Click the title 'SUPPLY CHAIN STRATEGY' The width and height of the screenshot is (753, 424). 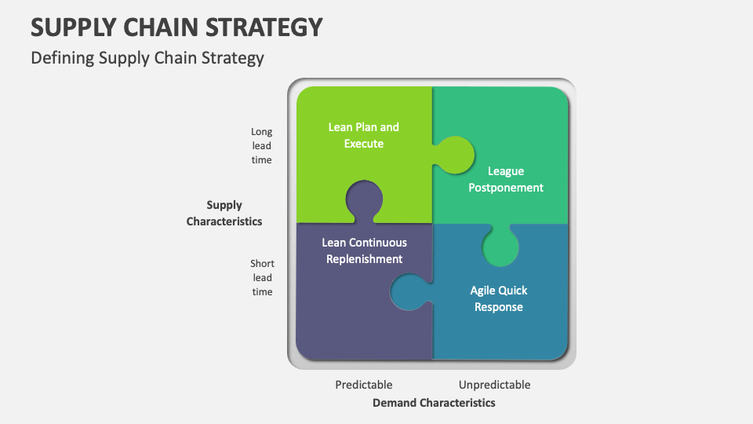point(176,27)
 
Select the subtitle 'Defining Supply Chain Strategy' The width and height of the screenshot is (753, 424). point(147,58)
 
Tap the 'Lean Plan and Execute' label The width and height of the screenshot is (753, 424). point(363,135)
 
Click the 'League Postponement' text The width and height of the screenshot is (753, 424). point(506,179)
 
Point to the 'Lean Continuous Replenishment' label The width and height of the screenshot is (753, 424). point(365,250)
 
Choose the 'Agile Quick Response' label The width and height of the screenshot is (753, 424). point(499,298)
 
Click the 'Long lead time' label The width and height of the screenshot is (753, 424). point(261,146)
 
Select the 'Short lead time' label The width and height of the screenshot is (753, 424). point(262,277)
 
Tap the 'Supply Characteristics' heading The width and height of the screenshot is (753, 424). point(224,213)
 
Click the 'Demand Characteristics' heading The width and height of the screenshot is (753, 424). point(434,403)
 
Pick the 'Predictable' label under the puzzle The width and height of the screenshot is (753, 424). point(363,385)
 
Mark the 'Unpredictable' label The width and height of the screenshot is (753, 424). point(494,385)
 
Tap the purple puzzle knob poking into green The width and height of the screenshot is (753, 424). point(364,200)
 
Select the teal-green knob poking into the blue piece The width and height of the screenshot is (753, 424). point(500,246)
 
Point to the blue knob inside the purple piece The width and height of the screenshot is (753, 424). point(409,292)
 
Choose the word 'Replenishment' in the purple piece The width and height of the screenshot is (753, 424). point(365,259)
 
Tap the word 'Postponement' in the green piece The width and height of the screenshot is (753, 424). point(506,188)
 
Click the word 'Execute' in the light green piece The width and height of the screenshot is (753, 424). point(363,143)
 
